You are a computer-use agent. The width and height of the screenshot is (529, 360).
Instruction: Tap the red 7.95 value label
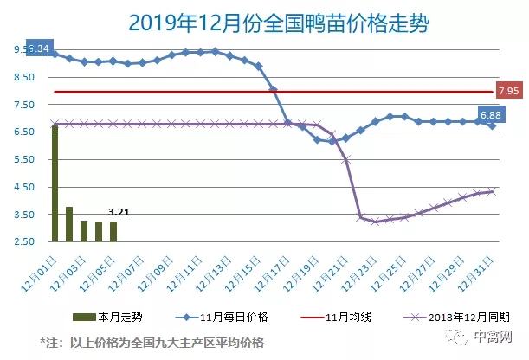point(508,90)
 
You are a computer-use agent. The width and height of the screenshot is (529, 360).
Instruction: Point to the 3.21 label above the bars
point(120,210)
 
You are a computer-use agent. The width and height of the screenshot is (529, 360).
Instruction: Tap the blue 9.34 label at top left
point(40,48)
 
